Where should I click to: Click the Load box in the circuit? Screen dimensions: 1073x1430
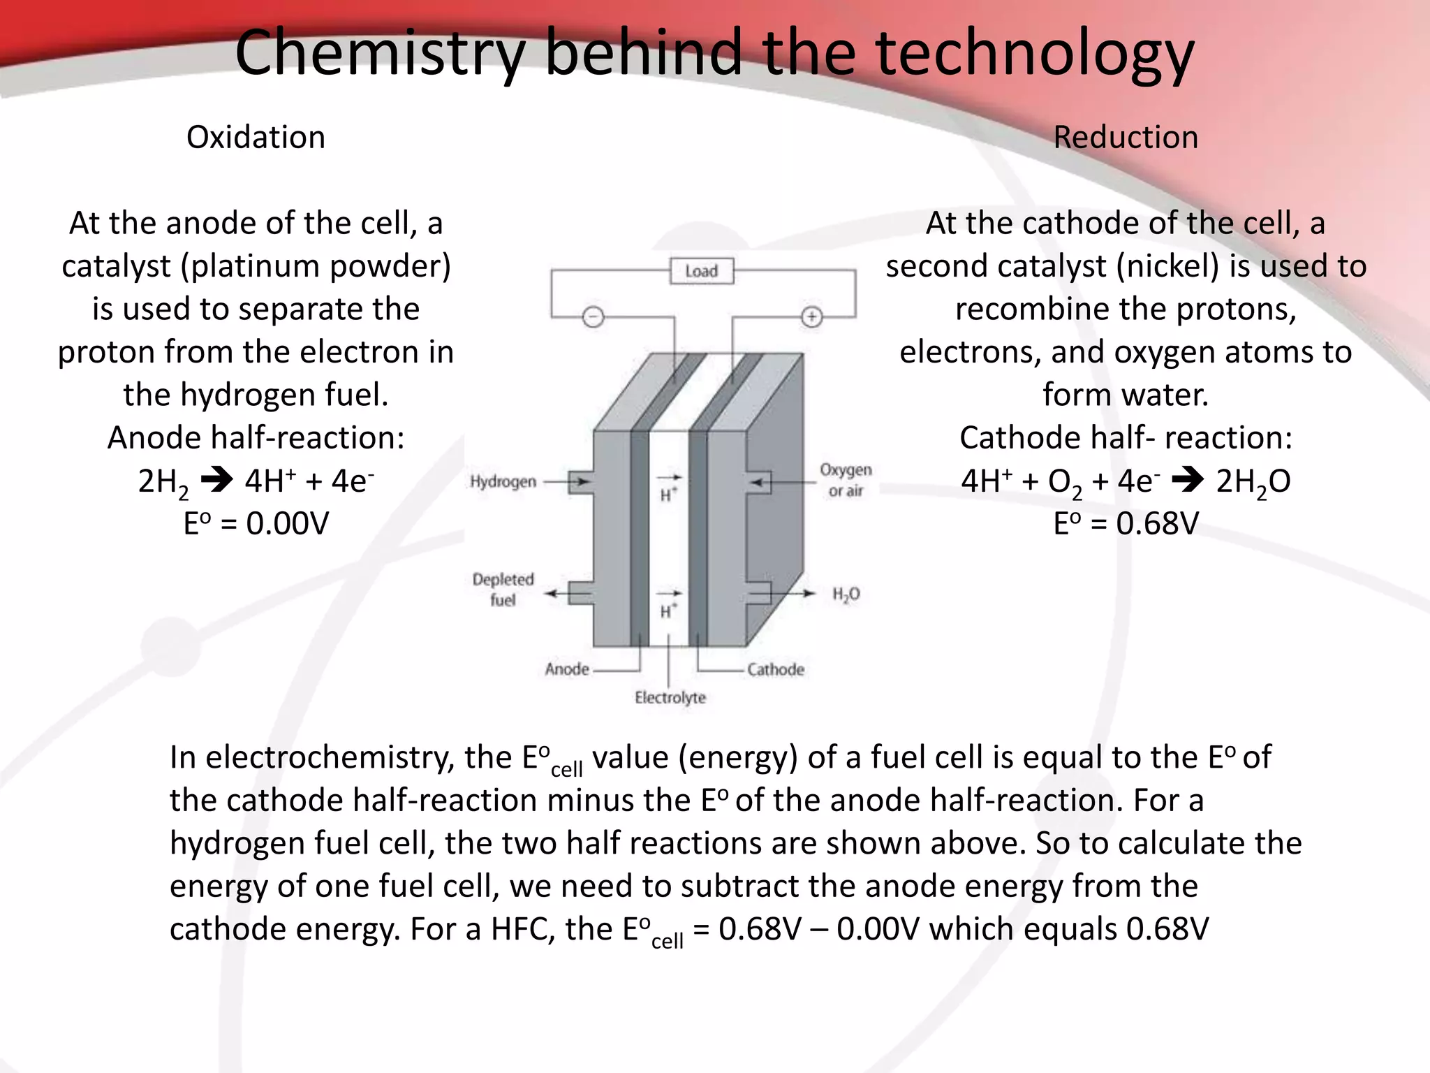[701, 271]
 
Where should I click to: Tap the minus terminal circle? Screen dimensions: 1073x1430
[593, 318]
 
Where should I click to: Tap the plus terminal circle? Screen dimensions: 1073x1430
[811, 318]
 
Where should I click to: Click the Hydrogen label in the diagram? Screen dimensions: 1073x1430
[503, 481]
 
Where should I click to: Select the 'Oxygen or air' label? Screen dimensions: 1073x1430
[846, 480]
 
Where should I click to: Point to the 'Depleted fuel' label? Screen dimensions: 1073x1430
[503, 589]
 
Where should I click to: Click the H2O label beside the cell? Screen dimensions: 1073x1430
[846, 594]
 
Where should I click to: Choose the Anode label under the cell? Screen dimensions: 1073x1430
[567, 669]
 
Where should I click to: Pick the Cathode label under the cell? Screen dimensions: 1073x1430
[776, 669]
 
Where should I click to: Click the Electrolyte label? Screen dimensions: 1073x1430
[670, 697]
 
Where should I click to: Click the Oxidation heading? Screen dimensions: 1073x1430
[256, 137]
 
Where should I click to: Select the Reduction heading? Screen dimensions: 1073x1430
[1126, 137]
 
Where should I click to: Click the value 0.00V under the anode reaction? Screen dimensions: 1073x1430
[287, 524]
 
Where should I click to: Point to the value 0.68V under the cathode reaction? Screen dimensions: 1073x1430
[1157, 524]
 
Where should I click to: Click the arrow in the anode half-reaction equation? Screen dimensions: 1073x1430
[216, 481]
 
